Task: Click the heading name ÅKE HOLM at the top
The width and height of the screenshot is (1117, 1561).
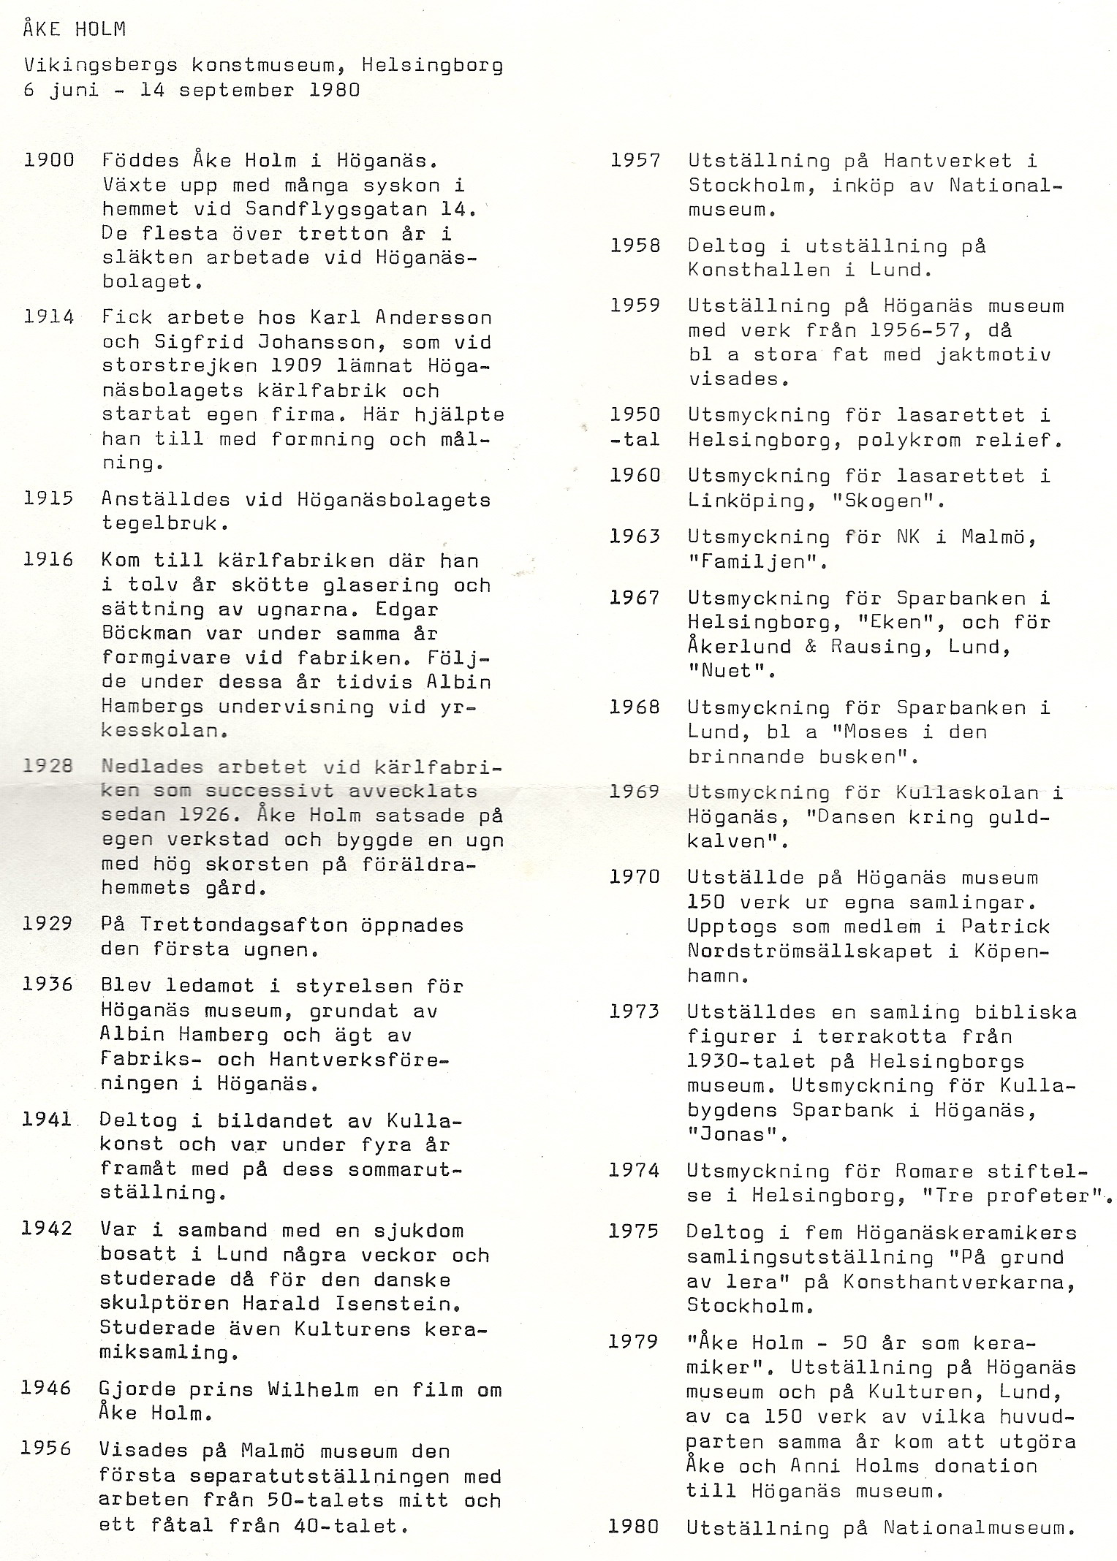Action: (x=74, y=29)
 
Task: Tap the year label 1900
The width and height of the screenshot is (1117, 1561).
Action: (x=49, y=159)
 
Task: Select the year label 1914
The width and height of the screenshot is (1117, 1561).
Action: (x=49, y=317)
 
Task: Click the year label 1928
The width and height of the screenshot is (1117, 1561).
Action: (x=48, y=766)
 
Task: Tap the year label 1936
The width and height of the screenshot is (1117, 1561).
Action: (x=48, y=984)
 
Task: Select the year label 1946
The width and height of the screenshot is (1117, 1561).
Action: (x=47, y=1388)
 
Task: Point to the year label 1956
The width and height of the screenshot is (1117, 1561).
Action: (x=46, y=1448)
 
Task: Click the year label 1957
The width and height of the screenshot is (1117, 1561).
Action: (x=635, y=160)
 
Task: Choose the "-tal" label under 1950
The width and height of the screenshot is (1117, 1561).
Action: (x=635, y=440)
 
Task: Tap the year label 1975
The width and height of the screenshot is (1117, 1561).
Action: (x=634, y=1231)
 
